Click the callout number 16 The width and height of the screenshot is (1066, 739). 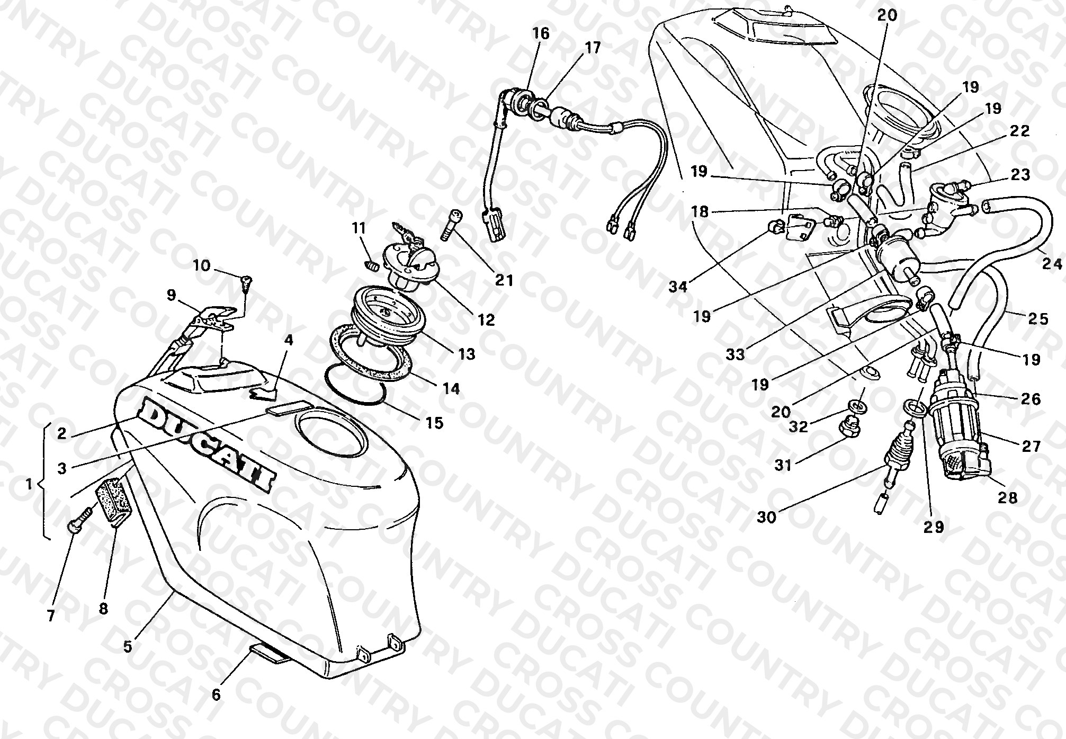pos(541,34)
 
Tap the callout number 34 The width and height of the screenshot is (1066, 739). pos(677,287)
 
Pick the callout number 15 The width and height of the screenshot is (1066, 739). pos(435,423)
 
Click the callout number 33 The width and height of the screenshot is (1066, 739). pos(735,354)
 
